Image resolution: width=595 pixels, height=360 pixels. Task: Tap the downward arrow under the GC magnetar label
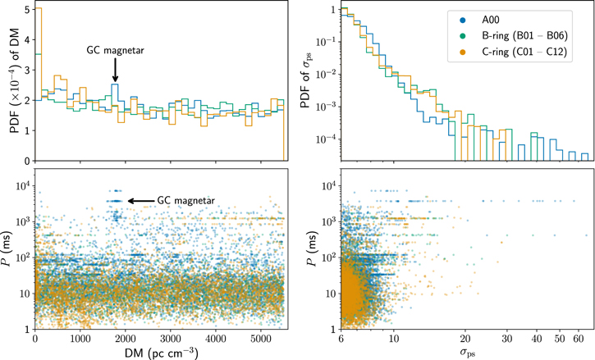point(115,74)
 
